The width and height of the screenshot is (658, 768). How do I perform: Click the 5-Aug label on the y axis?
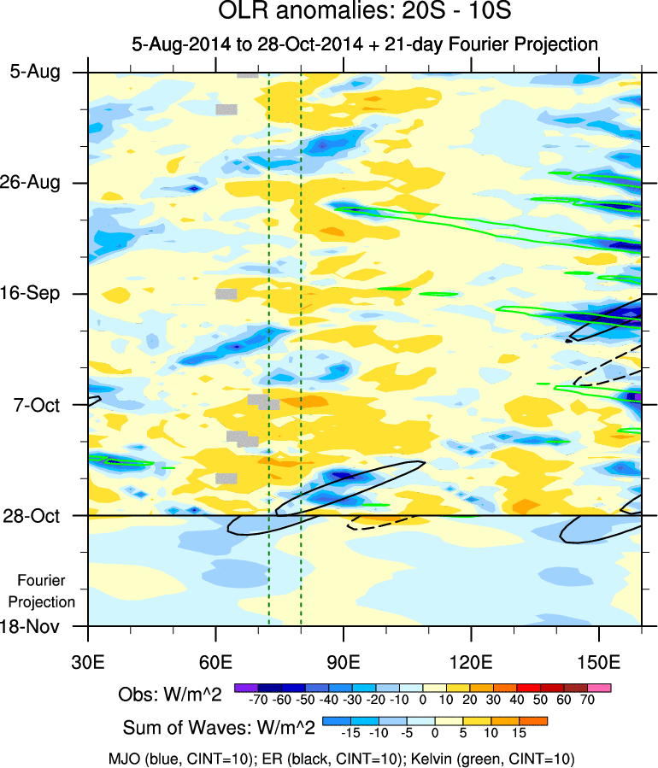click(x=35, y=72)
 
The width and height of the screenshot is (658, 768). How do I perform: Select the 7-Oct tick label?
click(x=35, y=405)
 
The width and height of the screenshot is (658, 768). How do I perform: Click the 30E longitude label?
click(x=88, y=663)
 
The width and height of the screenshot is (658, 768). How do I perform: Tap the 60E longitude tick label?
click(x=216, y=663)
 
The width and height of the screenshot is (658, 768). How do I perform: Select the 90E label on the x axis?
click(x=344, y=663)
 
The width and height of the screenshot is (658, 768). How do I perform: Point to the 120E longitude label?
click(x=472, y=663)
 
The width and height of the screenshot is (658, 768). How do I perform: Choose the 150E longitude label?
click(x=600, y=663)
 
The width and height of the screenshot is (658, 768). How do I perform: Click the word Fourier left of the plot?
click(x=42, y=581)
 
